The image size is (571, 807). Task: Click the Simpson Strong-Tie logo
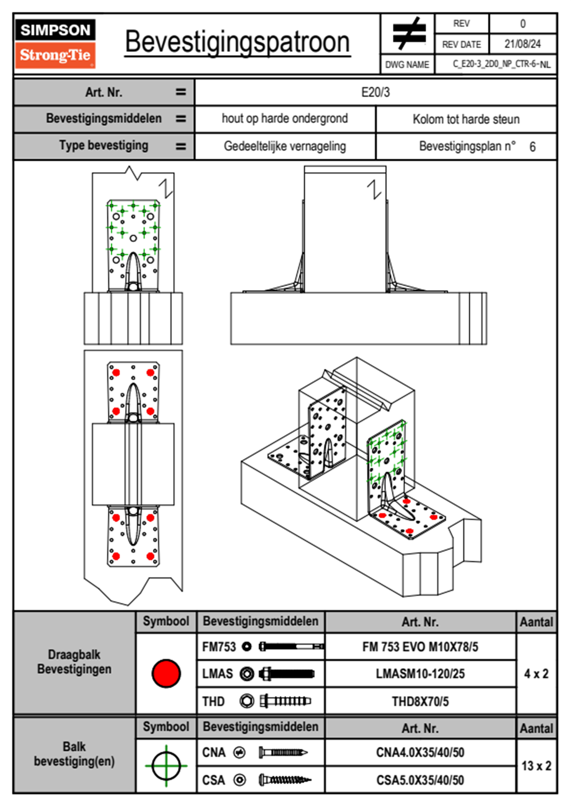point(55,44)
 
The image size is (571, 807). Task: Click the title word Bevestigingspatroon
point(237,42)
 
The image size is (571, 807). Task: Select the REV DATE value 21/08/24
point(522,44)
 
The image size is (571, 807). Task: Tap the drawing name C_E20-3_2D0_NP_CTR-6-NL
point(501,64)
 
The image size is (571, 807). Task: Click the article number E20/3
point(375,92)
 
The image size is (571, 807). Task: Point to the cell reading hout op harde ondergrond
point(285,119)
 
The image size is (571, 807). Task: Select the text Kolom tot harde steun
point(466,119)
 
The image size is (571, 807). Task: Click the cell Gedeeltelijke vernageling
point(285,146)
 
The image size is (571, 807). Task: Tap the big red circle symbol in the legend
point(166,673)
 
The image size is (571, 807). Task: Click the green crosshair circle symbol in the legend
point(166,766)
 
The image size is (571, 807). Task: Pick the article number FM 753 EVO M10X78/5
point(420,647)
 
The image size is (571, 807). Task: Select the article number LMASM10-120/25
point(420,674)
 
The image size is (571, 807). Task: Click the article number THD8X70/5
point(420,701)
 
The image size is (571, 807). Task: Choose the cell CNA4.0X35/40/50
point(420,752)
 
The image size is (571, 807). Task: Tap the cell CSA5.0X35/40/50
point(420,780)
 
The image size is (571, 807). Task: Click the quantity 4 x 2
point(536,674)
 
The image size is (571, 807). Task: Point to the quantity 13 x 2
point(536,766)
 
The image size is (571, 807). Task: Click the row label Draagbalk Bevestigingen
point(74,662)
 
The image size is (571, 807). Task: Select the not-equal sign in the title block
point(408,34)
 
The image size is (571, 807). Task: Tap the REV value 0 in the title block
point(523,24)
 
